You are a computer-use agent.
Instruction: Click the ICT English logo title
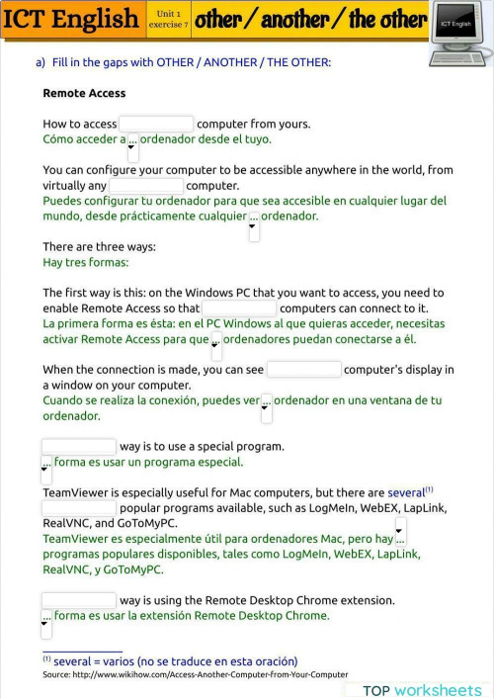click(70, 19)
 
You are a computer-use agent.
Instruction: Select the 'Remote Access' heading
click(84, 93)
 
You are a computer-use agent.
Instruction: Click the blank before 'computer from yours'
click(156, 125)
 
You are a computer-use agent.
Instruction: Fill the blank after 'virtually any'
click(146, 186)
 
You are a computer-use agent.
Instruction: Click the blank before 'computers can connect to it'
click(238, 308)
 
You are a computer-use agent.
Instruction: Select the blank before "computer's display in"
click(303, 370)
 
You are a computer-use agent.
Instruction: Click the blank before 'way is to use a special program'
click(79, 447)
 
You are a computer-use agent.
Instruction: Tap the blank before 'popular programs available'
click(79, 508)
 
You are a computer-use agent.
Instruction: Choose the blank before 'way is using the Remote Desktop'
click(79, 600)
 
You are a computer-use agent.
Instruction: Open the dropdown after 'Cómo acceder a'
click(133, 144)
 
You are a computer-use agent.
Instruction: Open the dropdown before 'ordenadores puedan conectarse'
click(216, 344)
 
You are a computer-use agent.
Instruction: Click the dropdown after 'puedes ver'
click(266, 405)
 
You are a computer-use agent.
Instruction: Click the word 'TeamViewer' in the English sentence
click(75, 492)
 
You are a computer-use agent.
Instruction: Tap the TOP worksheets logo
click(422, 690)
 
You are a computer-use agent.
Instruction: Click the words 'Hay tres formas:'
click(86, 263)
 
